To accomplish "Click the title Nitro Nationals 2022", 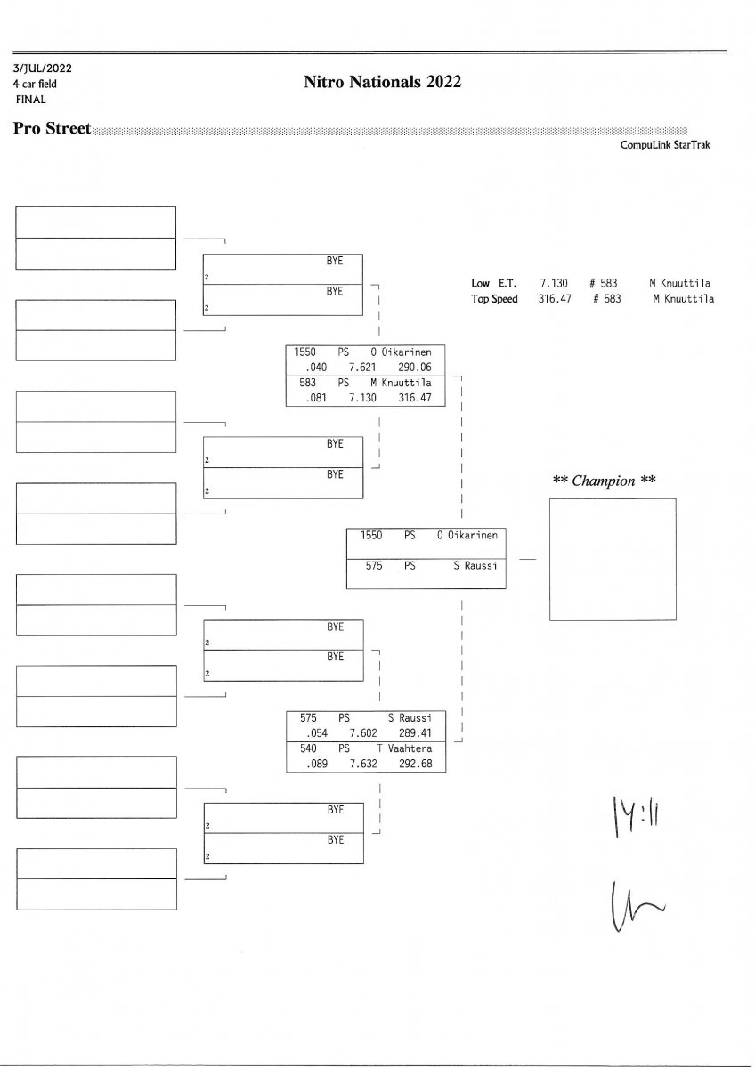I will pos(382,83).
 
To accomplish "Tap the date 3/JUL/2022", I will pos(43,68).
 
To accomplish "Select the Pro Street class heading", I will pos(52,129).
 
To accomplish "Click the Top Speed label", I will pos(494,299).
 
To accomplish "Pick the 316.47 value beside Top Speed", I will pos(553,299).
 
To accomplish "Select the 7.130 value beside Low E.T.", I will pos(554,283).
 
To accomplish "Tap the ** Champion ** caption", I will pos(605,481).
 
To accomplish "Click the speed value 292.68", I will pos(415,764).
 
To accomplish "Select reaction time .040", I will pos(316,366).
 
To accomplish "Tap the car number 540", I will pos(308,749).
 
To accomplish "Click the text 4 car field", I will pos(35,84).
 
